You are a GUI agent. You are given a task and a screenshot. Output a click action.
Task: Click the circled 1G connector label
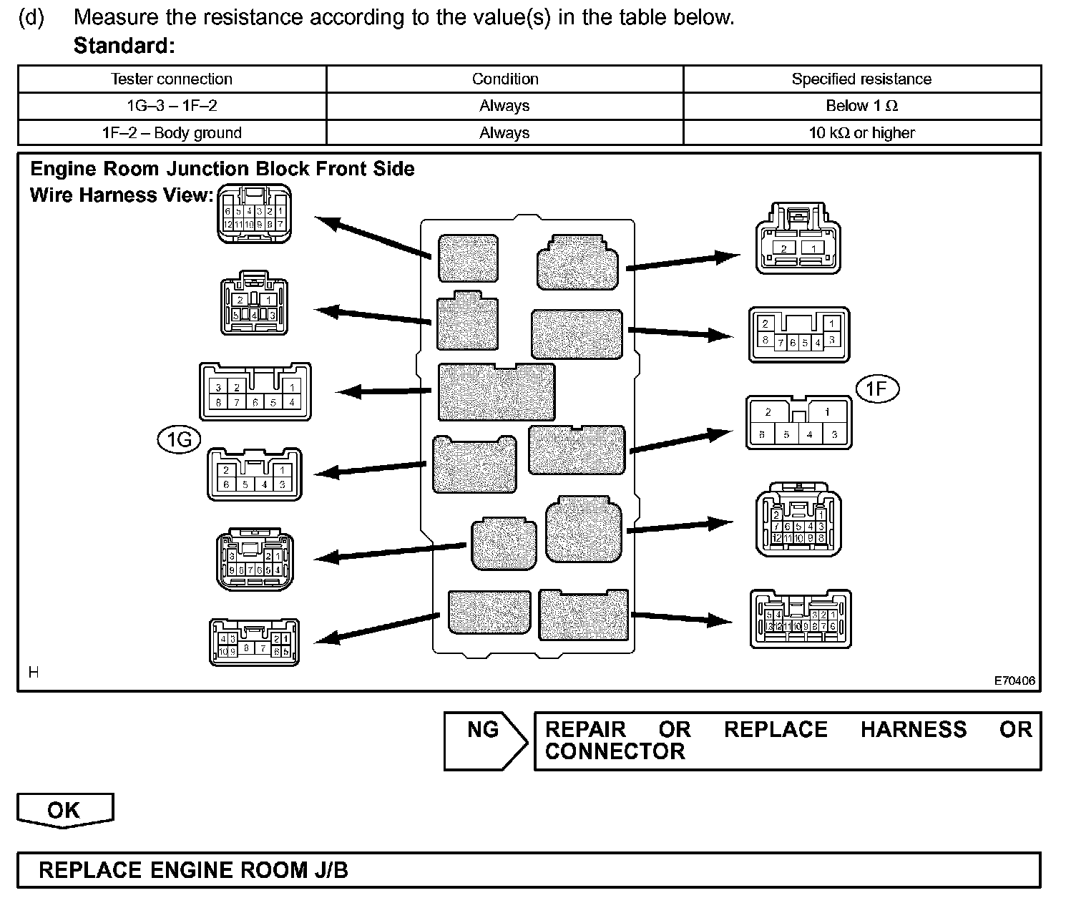pos(179,439)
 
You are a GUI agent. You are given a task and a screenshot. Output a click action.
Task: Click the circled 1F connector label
pos(876,389)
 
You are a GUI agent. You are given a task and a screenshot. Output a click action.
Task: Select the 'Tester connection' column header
pos(172,79)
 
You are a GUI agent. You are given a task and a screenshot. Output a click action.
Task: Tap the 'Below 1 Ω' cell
pos(861,106)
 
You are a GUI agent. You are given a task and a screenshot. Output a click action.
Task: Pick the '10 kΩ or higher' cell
pos(861,133)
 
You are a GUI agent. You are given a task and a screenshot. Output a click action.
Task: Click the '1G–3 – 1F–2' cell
pos(172,106)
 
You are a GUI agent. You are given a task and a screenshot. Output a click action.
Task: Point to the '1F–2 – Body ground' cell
pos(172,133)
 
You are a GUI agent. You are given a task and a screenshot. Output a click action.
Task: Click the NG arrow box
pos(484,741)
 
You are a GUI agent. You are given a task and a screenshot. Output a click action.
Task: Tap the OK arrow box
pos(64,810)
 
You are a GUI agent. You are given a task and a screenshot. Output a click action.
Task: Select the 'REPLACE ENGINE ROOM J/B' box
pos(529,870)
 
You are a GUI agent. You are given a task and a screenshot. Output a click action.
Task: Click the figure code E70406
pos(1014,680)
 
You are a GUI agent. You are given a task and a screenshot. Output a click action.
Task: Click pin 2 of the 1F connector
pos(768,412)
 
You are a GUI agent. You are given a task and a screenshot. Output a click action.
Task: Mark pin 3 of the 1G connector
pos(283,485)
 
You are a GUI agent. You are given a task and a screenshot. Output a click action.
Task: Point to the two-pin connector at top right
pos(798,239)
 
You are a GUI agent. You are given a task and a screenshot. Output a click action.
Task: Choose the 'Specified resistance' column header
pos(861,79)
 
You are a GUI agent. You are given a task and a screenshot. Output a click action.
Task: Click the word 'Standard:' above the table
pos(124,46)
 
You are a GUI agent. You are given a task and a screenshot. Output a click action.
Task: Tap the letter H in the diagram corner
pos(34,672)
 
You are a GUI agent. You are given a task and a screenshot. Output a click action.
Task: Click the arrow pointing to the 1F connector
pos(680,440)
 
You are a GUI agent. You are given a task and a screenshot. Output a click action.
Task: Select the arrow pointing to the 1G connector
pos(371,469)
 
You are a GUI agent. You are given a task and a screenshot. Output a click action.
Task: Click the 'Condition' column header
pos(505,79)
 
